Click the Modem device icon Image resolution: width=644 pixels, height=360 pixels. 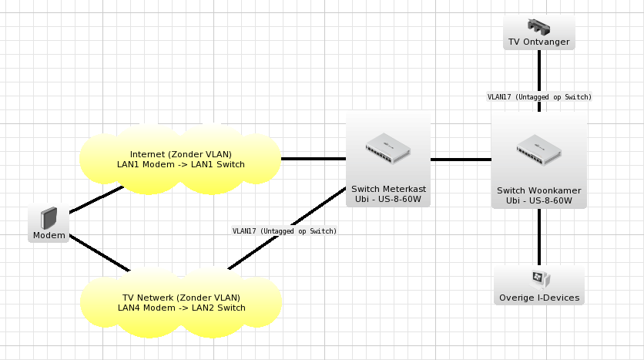click(x=49, y=218)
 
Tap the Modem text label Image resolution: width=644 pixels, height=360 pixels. click(x=49, y=235)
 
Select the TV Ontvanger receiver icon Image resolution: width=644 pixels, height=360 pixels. click(x=539, y=26)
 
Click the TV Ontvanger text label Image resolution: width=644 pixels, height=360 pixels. click(x=539, y=42)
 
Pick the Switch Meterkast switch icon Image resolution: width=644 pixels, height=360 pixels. click(x=388, y=148)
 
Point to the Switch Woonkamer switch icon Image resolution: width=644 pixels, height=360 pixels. click(x=539, y=150)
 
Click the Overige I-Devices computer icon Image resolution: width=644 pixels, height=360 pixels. click(x=539, y=280)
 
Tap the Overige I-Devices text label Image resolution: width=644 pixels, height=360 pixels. click(x=539, y=298)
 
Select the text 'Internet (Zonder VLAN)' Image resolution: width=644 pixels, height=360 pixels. click(x=181, y=154)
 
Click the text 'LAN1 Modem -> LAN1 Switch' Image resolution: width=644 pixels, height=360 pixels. click(x=181, y=164)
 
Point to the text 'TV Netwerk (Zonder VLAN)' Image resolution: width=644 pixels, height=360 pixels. click(x=181, y=298)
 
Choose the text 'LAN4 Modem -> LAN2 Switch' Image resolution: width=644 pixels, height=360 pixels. click(x=182, y=308)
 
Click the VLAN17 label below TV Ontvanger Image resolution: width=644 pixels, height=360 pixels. click(x=539, y=97)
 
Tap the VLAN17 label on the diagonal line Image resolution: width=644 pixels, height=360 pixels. click(x=284, y=231)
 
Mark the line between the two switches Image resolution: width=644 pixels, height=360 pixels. click(x=461, y=160)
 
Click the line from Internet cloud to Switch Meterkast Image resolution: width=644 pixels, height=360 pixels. click(x=314, y=159)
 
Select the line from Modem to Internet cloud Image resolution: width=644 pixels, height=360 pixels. click(x=96, y=200)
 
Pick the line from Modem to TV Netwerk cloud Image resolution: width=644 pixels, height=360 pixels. click(x=99, y=253)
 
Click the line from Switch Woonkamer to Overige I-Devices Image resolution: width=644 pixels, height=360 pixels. click(x=539, y=237)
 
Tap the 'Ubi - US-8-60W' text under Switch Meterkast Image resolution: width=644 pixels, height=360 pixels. click(x=388, y=200)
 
